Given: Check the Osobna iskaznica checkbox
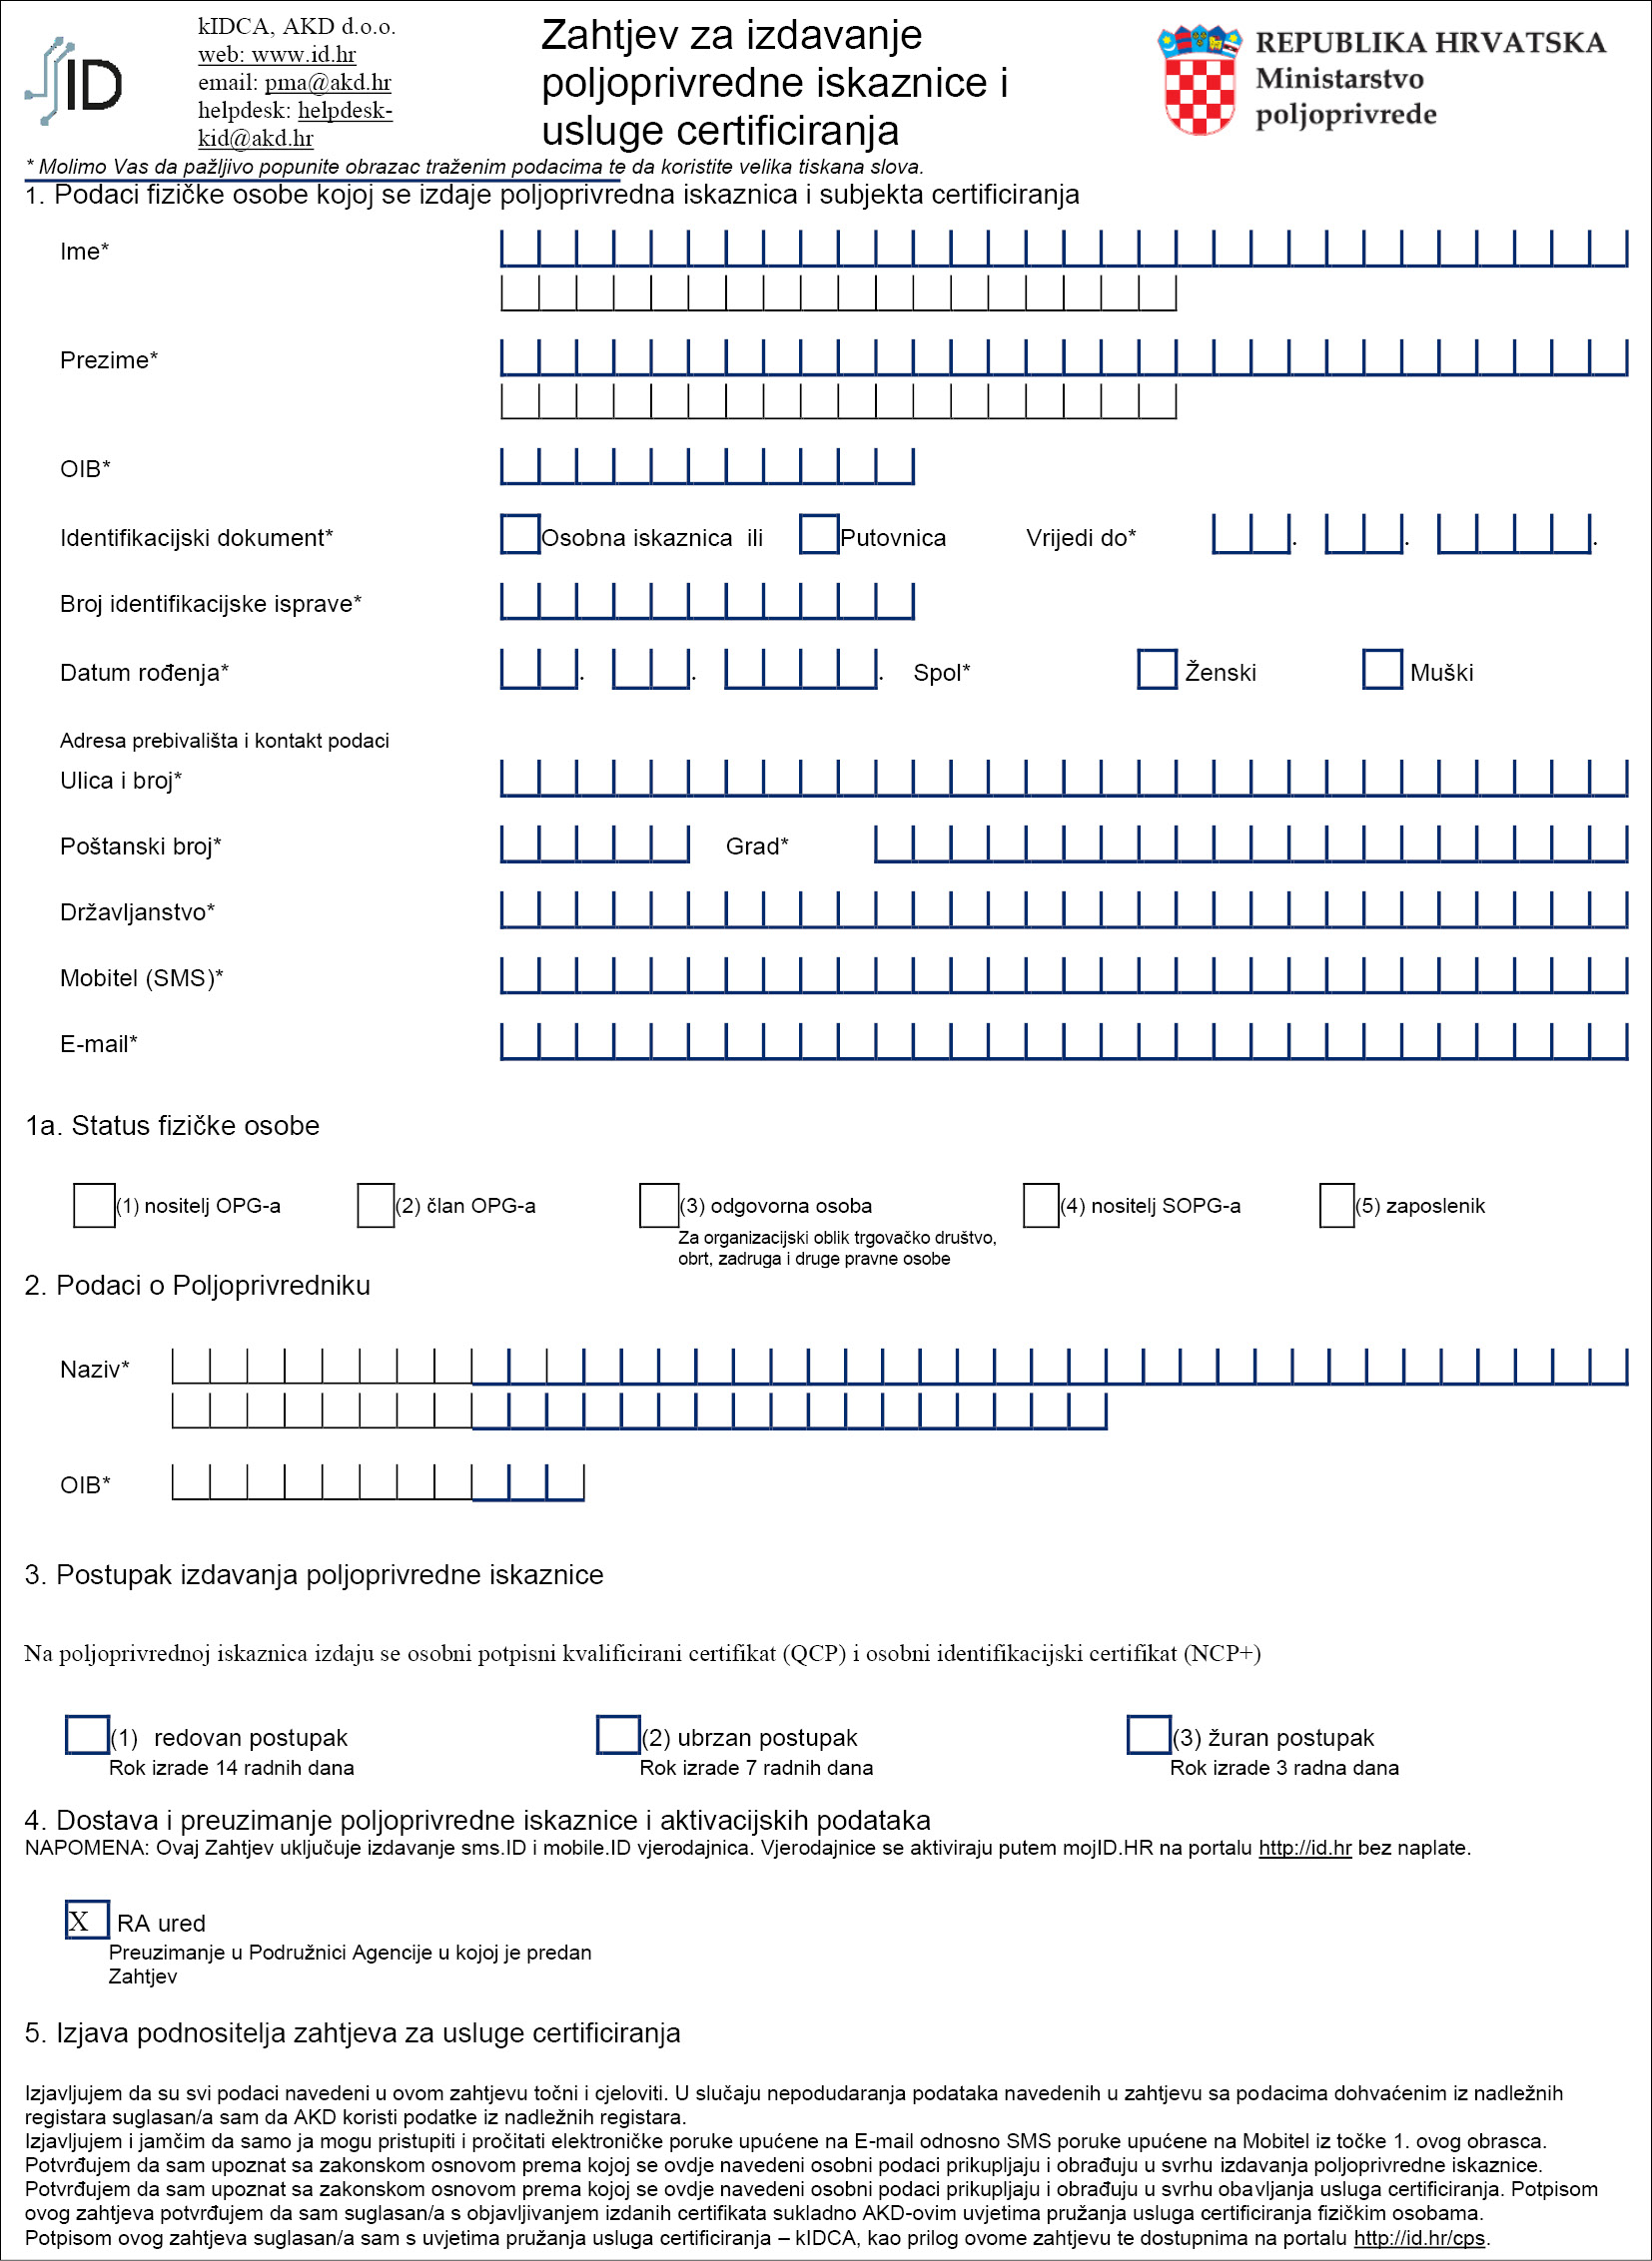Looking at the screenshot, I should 520,534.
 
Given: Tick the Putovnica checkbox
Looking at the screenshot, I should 819,534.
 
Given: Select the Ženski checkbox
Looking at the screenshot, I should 1157,669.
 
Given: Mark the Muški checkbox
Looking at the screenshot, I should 1382,669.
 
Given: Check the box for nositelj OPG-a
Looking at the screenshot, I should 94,1205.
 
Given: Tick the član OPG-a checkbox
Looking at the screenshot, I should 376,1205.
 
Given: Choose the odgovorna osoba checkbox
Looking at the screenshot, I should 659,1205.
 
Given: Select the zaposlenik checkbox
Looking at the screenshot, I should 1337,1205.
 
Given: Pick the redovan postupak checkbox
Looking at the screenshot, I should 87,1734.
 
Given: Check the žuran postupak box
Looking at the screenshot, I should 1148,1734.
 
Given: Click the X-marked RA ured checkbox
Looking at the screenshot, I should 87,1921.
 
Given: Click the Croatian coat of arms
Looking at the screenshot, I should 1199,80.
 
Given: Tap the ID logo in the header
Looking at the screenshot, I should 75,82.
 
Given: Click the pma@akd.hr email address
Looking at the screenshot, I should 328,82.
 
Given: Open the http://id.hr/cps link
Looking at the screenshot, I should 1419,2238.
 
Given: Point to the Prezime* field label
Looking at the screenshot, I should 109,359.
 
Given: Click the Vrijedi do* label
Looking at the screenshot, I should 1080,538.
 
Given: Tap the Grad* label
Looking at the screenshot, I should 757,847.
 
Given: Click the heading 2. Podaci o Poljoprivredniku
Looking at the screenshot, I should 197,1286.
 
